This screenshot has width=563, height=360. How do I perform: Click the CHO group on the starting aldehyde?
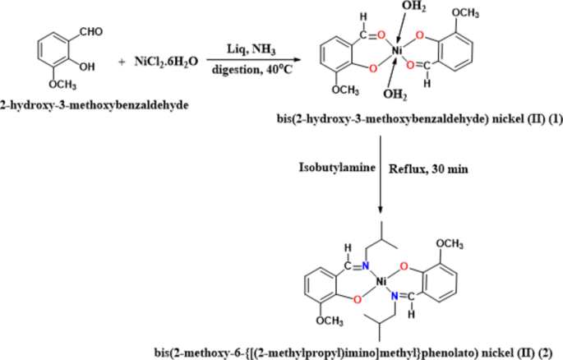(91, 32)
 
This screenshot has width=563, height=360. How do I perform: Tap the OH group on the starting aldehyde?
(87, 67)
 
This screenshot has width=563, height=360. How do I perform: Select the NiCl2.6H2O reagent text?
(166, 62)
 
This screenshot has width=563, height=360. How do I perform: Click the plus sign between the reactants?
(122, 62)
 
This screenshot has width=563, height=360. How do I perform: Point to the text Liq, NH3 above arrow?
(251, 48)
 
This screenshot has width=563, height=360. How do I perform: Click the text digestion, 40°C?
(252, 69)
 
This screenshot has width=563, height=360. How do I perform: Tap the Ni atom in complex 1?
(396, 51)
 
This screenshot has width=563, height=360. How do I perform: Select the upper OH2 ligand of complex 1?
(413, 6)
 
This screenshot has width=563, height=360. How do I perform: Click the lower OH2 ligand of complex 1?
(395, 95)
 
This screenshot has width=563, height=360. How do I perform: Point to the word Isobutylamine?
(337, 168)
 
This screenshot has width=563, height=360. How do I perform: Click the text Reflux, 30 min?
(428, 168)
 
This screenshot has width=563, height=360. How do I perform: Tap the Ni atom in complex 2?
(381, 283)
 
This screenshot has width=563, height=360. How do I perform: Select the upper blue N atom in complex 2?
(366, 266)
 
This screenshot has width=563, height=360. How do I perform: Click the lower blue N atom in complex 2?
(395, 296)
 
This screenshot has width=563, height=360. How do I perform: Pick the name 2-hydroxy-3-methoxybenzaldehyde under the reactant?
(95, 105)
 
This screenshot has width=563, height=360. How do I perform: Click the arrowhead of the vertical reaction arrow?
(381, 210)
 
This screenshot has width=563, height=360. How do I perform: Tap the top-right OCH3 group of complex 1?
(465, 13)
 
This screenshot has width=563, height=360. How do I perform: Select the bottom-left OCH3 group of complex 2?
(330, 321)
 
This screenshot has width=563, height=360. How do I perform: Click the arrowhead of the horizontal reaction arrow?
(296, 60)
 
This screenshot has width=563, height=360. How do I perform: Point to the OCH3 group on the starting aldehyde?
(62, 85)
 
